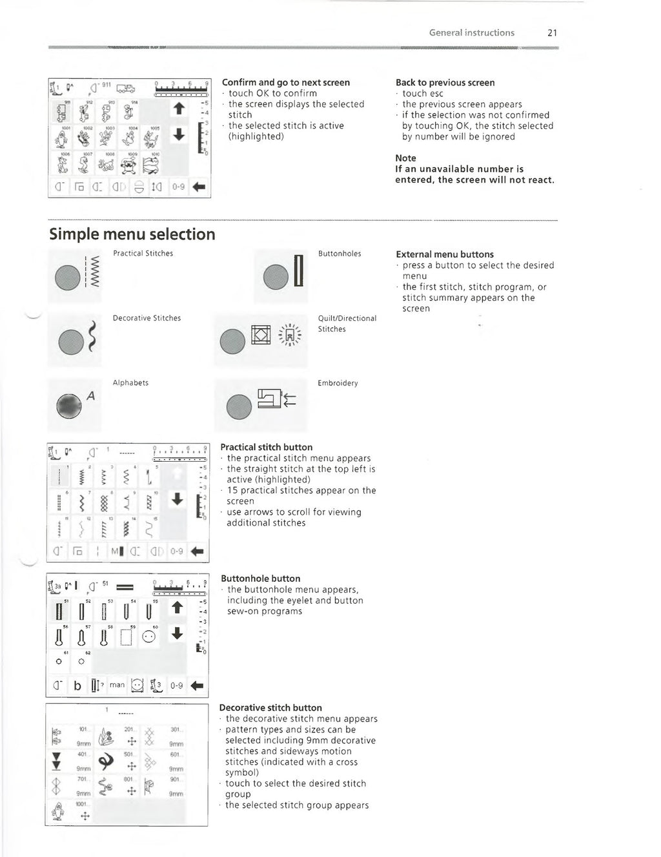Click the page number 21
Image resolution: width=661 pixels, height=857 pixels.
[x=552, y=33]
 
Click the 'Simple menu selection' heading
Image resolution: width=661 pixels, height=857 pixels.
[x=132, y=234]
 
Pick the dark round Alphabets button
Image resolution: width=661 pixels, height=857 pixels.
[x=70, y=405]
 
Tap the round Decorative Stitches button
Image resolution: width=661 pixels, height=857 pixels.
[x=70, y=341]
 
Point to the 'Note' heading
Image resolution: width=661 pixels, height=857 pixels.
[x=405, y=158]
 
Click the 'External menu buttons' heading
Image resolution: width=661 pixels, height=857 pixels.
[x=445, y=254]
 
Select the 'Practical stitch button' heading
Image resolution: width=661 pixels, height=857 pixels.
[x=266, y=447]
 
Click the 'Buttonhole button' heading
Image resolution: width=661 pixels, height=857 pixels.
[x=260, y=579]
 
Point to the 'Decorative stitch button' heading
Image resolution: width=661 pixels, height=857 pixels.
[x=270, y=708]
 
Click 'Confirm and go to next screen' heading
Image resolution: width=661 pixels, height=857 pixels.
[x=286, y=83]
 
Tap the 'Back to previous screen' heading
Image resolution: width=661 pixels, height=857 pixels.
[x=445, y=83]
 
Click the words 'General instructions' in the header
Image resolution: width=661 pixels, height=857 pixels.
[x=472, y=33]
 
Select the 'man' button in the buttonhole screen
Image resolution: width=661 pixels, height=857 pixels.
[x=117, y=685]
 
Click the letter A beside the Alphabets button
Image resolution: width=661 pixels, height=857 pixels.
[x=90, y=396]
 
